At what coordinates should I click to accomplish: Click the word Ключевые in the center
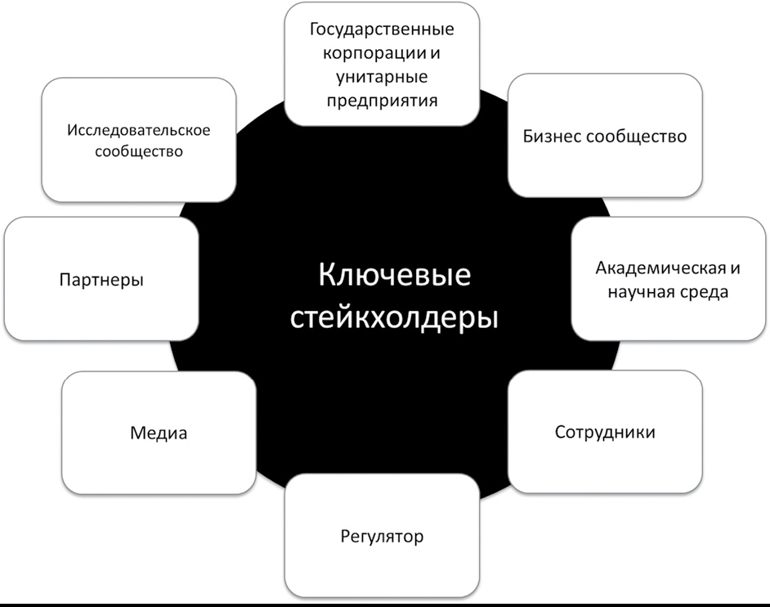pyautogui.click(x=394, y=275)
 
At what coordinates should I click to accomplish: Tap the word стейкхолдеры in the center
pyautogui.click(x=394, y=319)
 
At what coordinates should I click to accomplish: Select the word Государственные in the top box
pyautogui.click(x=382, y=29)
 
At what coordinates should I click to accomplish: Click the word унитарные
pyautogui.click(x=382, y=77)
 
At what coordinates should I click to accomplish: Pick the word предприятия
pyautogui.click(x=382, y=101)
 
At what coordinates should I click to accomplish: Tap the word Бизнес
pyautogui.click(x=552, y=136)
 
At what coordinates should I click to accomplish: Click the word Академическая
pyautogui.click(x=661, y=268)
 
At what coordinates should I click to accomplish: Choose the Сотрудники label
pyautogui.click(x=605, y=432)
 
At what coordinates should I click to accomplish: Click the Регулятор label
pyautogui.click(x=382, y=536)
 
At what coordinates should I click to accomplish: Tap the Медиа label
pyautogui.click(x=159, y=433)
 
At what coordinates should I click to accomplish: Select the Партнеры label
pyautogui.click(x=101, y=280)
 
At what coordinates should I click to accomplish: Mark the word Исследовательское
pyautogui.click(x=138, y=130)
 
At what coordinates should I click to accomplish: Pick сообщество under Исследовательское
pyautogui.click(x=138, y=151)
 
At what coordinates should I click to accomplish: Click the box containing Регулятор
pyautogui.click(x=382, y=535)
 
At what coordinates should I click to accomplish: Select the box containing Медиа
pyautogui.click(x=159, y=433)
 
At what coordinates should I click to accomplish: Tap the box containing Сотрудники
pyautogui.click(x=605, y=432)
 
